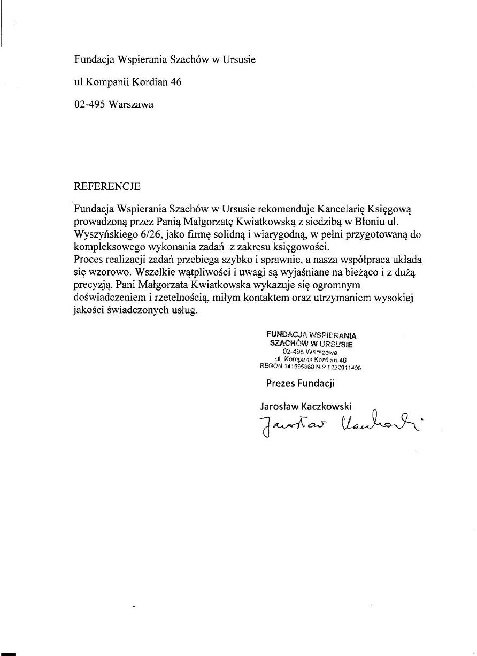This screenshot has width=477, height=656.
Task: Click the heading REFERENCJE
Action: pos(107,187)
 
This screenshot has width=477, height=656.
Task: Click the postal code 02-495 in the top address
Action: pos(89,105)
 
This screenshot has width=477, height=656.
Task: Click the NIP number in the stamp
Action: pos(343,368)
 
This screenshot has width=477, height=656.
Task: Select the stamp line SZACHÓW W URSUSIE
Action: pos(311,344)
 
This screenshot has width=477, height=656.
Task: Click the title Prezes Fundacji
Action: pos(300,383)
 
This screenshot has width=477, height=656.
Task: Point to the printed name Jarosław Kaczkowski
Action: pos(306,407)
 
